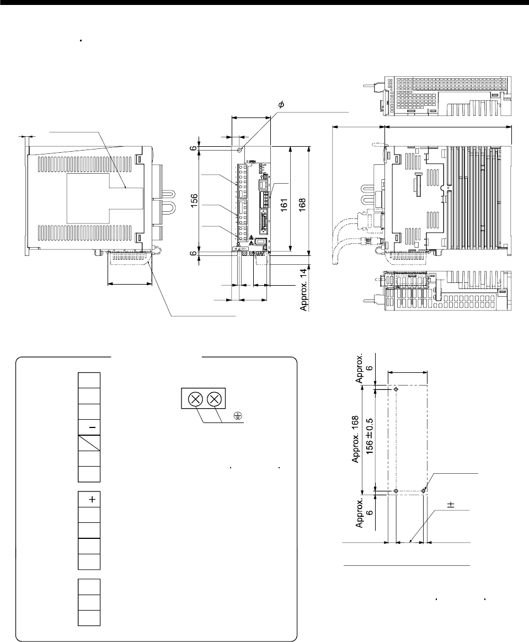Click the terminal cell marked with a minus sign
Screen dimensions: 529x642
(89, 427)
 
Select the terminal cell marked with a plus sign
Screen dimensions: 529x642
(89, 499)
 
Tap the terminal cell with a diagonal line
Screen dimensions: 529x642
(89, 442)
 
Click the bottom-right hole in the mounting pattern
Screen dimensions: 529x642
(423, 490)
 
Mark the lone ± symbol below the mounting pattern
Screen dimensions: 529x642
(450, 505)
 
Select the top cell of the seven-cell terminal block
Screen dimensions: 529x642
(89, 381)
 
